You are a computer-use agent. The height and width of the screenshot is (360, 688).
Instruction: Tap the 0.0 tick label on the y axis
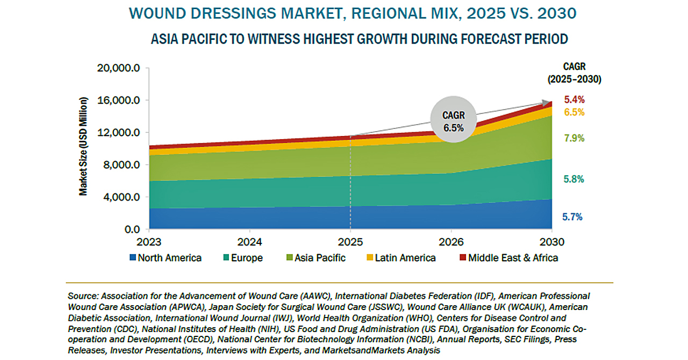pyautogui.click(x=131, y=229)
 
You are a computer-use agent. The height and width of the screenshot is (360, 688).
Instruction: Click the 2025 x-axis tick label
pyautogui.click(x=350, y=241)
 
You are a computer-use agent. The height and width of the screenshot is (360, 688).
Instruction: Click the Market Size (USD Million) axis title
pyautogui.click(x=83, y=146)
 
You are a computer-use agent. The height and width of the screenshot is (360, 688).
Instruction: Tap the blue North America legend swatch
pyautogui.click(x=133, y=258)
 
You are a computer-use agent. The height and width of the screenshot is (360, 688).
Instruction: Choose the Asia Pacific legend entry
pyautogui.click(x=321, y=258)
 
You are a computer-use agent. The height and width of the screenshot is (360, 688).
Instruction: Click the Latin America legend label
pyautogui.click(x=405, y=258)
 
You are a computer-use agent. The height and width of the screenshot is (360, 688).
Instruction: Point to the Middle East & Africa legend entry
pyautogui.click(x=513, y=258)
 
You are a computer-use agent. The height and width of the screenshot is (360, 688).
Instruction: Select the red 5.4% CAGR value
pyautogui.click(x=574, y=99)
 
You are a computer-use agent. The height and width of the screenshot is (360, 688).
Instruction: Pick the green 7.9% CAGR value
pyautogui.click(x=574, y=138)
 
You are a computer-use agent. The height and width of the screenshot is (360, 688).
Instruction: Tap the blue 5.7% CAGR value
pyautogui.click(x=572, y=217)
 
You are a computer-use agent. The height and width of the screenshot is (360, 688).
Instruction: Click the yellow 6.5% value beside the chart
pyautogui.click(x=574, y=112)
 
